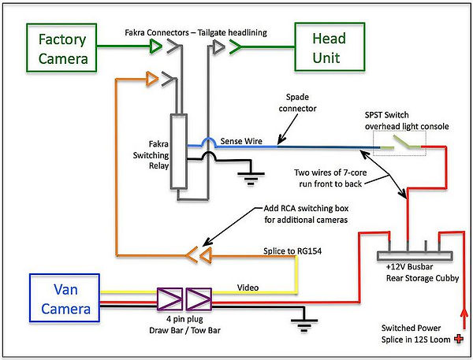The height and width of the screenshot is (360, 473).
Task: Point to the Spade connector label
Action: click(x=293, y=102)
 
